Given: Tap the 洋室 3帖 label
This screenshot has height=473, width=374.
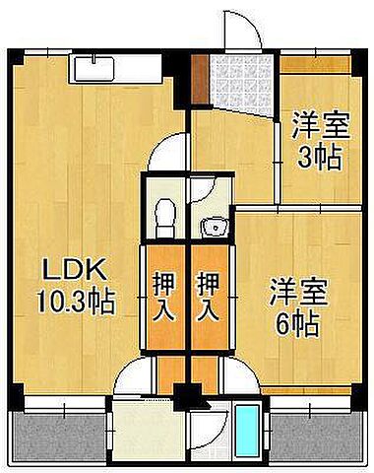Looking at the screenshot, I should pos(317,142).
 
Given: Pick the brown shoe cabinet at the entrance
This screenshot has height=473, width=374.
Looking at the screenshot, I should pos(200,82).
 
